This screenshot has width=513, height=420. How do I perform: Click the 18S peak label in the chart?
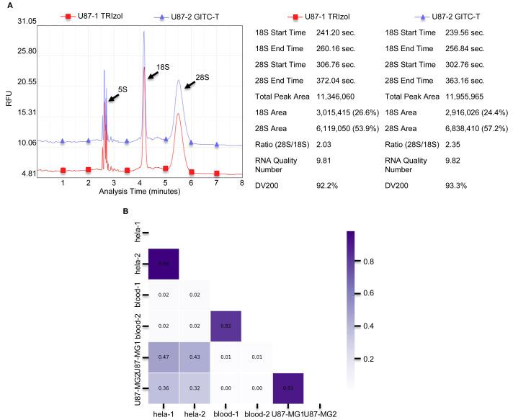[x=163, y=66]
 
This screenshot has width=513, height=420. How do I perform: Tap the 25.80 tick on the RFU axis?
[x=26, y=51]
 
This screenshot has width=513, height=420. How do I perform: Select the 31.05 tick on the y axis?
[x=26, y=22]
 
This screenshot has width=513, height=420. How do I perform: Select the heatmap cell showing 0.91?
[x=287, y=388]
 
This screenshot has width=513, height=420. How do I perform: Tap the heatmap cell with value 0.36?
[x=164, y=388]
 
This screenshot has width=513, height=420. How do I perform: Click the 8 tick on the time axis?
[x=242, y=184]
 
